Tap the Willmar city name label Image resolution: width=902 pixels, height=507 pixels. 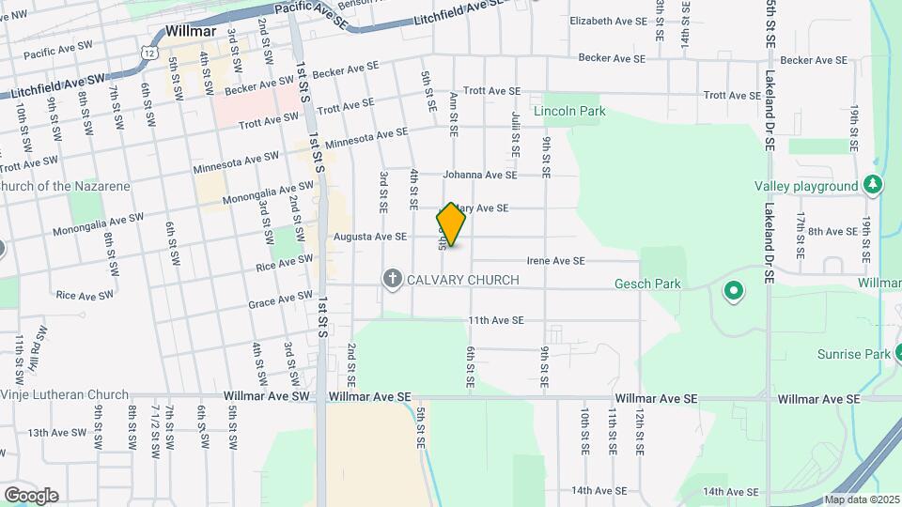(x=191, y=30)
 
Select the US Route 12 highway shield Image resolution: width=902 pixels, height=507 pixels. (x=150, y=54)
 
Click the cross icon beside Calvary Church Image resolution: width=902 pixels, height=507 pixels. (x=393, y=279)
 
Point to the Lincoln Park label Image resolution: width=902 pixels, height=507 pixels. (x=569, y=111)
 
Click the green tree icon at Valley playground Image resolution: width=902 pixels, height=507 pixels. (x=874, y=185)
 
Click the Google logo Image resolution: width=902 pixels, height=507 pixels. (x=30, y=495)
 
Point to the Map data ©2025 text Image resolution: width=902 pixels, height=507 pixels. (x=860, y=500)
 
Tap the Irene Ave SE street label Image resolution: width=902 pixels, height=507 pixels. (x=555, y=260)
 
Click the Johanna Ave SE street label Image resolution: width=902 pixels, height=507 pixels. (x=481, y=175)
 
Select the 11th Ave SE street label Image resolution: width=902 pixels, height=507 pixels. (x=496, y=321)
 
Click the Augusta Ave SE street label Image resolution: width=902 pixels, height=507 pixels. (x=370, y=238)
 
